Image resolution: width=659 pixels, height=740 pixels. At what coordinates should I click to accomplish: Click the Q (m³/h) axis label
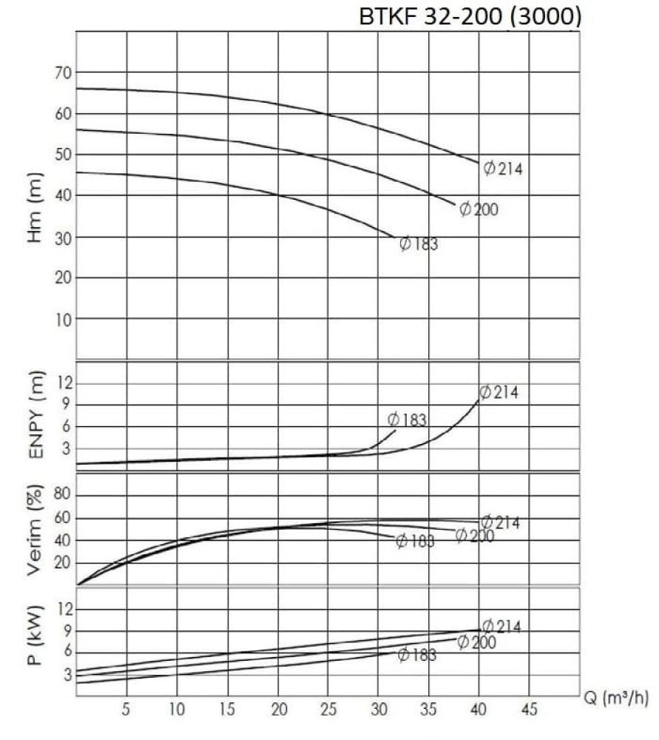[x=618, y=699]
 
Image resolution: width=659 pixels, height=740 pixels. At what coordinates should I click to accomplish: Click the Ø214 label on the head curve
[x=503, y=169]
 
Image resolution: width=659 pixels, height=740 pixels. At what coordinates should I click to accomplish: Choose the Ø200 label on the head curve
[x=479, y=210]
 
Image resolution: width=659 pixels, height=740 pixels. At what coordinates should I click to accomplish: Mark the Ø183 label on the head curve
[x=419, y=243]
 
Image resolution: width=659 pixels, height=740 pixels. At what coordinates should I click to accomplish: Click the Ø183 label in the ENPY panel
[x=408, y=420]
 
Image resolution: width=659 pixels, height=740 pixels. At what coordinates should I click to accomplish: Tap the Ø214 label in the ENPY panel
[x=499, y=393]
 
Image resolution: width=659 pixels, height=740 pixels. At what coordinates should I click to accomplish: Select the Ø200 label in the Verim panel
[x=474, y=536]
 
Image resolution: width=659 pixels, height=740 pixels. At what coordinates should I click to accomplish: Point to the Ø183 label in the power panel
[x=416, y=655]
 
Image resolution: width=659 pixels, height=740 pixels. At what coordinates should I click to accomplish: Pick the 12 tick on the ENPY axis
[x=62, y=383]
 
